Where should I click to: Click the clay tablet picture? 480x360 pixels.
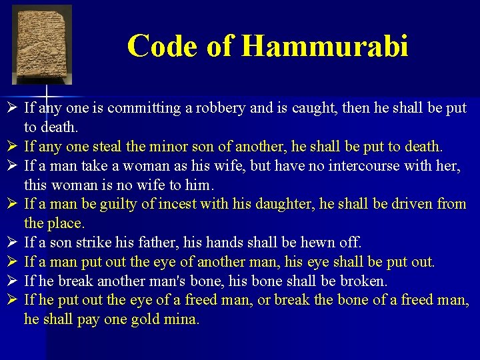pos(42,45)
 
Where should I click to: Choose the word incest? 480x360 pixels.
pos(173,204)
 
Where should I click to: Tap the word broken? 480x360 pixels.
pos(367,281)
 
